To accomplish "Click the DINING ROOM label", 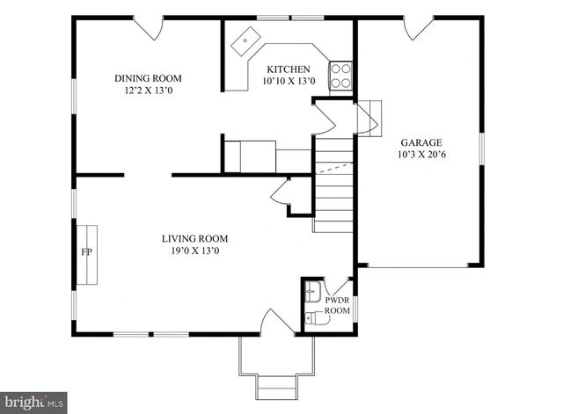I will pyautogui.click(x=154, y=78).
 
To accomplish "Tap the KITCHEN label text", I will pyautogui.click(x=288, y=69).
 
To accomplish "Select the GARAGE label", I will pyautogui.click(x=421, y=142).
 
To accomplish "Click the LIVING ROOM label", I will pyautogui.click(x=194, y=238).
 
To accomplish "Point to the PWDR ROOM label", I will pyautogui.click(x=338, y=305).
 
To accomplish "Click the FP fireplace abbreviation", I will pyautogui.click(x=87, y=252).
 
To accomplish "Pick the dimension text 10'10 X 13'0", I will pyautogui.click(x=288, y=82).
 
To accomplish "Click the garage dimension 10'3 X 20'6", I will pyautogui.click(x=421, y=155).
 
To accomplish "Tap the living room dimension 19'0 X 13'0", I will pyautogui.click(x=194, y=251).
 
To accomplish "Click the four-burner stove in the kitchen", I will pyautogui.click(x=340, y=76).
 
